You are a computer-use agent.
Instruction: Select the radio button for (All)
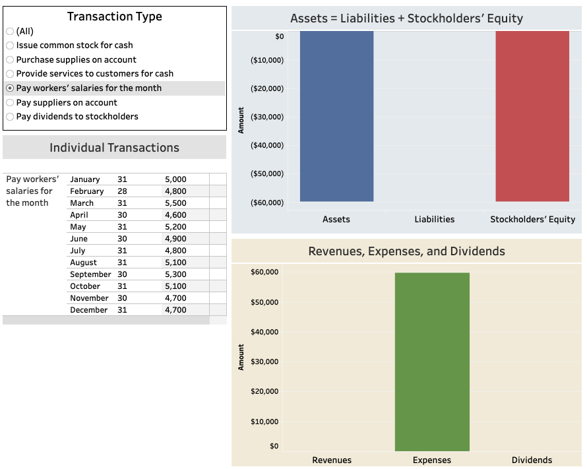tap(10, 31)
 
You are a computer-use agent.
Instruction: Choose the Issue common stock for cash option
tap(10, 46)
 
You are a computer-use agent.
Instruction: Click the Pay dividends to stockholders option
tap(10, 117)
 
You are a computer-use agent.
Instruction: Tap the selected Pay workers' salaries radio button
tap(10, 88)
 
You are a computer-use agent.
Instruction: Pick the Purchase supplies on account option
tap(10, 60)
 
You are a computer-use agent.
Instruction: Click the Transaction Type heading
tap(114, 16)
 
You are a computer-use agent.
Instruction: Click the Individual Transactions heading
tap(114, 148)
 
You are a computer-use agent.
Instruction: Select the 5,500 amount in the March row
tap(175, 203)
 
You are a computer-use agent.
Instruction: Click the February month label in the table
tap(86, 191)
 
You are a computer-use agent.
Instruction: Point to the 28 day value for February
tap(122, 191)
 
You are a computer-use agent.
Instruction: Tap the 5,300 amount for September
tap(175, 274)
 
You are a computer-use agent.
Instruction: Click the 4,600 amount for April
tap(175, 215)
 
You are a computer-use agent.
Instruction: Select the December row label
tap(88, 310)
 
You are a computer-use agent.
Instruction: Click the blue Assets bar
tap(336, 115)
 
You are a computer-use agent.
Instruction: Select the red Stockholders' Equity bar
tap(532, 115)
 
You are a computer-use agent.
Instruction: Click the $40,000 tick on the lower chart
tap(264, 332)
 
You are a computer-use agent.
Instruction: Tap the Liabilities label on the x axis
tap(434, 219)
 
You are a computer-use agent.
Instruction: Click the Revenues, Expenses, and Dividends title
tap(406, 251)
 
